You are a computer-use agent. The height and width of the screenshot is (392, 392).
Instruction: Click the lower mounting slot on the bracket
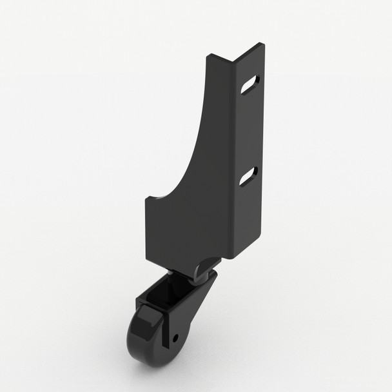(250, 176)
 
